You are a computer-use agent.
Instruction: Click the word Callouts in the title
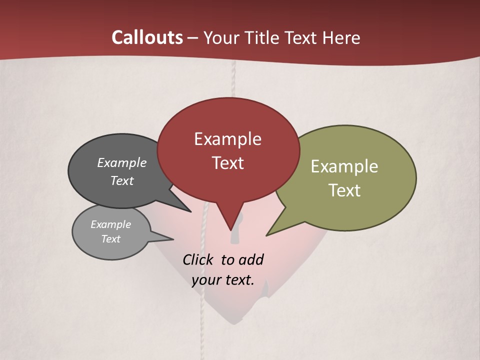pyautogui.click(x=147, y=37)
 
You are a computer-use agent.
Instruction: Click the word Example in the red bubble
pyautogui.click(x=227, y=139)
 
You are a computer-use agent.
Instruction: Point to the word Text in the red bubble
pyautogui.click(x=227, y=163)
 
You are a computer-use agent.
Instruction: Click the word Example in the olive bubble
pyautogui.click(x=344, y=166)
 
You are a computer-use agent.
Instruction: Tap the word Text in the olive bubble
pyautogui.click(x=344, y=190)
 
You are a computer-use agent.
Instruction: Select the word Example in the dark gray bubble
pyautogui.click(x=122, y=162)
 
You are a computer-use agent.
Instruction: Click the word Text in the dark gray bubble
pyautogui.click(x=122, y=180)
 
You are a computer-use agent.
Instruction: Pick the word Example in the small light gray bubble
pyautogui.click(x=110, y=224)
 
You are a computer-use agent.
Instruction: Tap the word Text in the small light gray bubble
pyautogui.click(x=110, y=239)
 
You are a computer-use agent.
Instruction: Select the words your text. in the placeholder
pyautogui.click(x=222, y=280)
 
